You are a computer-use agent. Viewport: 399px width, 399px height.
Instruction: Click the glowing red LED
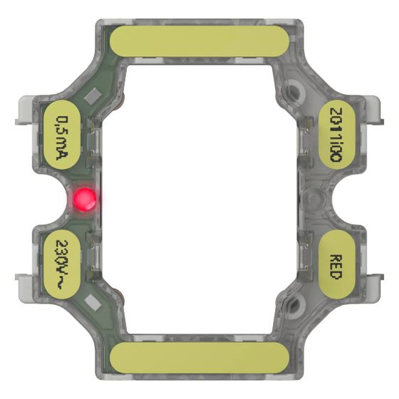pos(85,199)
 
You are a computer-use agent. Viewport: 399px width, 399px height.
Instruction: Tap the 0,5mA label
pos(62,138)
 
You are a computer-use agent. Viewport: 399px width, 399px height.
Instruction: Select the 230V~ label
pos(61,264)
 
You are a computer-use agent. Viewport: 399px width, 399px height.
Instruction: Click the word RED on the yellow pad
pos(336,267)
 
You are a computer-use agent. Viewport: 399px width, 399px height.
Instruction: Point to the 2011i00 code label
pos(336,135)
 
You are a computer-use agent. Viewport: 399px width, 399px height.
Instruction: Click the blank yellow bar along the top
pos(199,41)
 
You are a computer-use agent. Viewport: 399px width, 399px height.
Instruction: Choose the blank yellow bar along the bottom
pos(199,358)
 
